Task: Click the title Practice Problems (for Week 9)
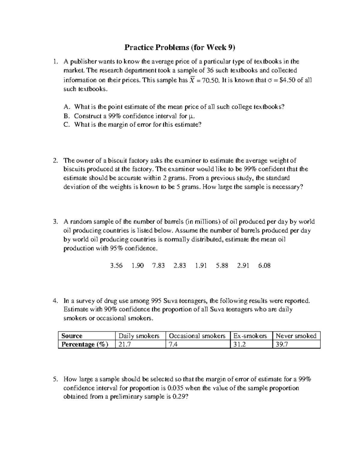pyautogui.click(x=180, y=47)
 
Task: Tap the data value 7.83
pyautogui.click(x=158, y=266)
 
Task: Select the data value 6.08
pyautogui.click(x=264, y=266)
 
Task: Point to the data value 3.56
pyautogui.click(x=116, y=266)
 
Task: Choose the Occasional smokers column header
pyautogui.click(x=197, y=336)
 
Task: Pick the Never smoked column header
pyautogui.click(x=296, y=336)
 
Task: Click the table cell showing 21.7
pyautogui.click(x=125, y=344)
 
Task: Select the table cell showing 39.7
pyautogui.click(x=282, y=344)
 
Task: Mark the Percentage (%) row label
pyautogui.click(x=85, y=344)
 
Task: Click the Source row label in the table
pyautogui.click(x=72, y=336)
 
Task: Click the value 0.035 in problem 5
pyautogui.click(x=175, y=388)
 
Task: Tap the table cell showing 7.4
pyautogui.click(x=173, y=344)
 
